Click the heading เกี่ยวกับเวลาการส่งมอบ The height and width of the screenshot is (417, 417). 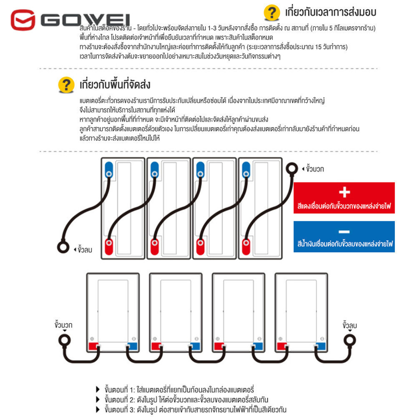(330, 12)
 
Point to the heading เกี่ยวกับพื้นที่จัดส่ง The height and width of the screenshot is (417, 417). (115, 85)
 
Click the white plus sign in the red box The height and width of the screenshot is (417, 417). (344, 192)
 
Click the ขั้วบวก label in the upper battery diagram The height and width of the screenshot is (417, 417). (314, 169)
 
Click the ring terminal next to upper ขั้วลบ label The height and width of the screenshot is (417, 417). (63, 247)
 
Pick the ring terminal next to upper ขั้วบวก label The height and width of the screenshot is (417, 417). (291, 168)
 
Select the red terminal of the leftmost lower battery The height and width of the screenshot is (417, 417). (93, 347)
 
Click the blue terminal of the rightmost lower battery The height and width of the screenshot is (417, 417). (321, 347)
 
